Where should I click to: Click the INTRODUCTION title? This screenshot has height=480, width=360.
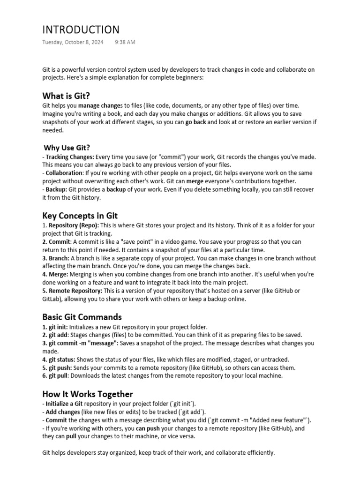81,30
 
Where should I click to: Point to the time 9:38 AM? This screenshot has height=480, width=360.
125,42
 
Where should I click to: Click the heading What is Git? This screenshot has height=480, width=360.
66,96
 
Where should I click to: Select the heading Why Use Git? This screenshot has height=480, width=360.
67,148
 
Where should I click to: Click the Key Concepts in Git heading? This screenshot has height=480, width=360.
80,216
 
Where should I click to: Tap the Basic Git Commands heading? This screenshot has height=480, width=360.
82,317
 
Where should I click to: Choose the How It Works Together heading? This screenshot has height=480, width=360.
88,394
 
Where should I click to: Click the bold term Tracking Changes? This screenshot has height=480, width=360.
69,157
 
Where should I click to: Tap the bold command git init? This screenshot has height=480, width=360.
58,327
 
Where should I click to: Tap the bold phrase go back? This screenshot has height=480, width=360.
195,122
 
